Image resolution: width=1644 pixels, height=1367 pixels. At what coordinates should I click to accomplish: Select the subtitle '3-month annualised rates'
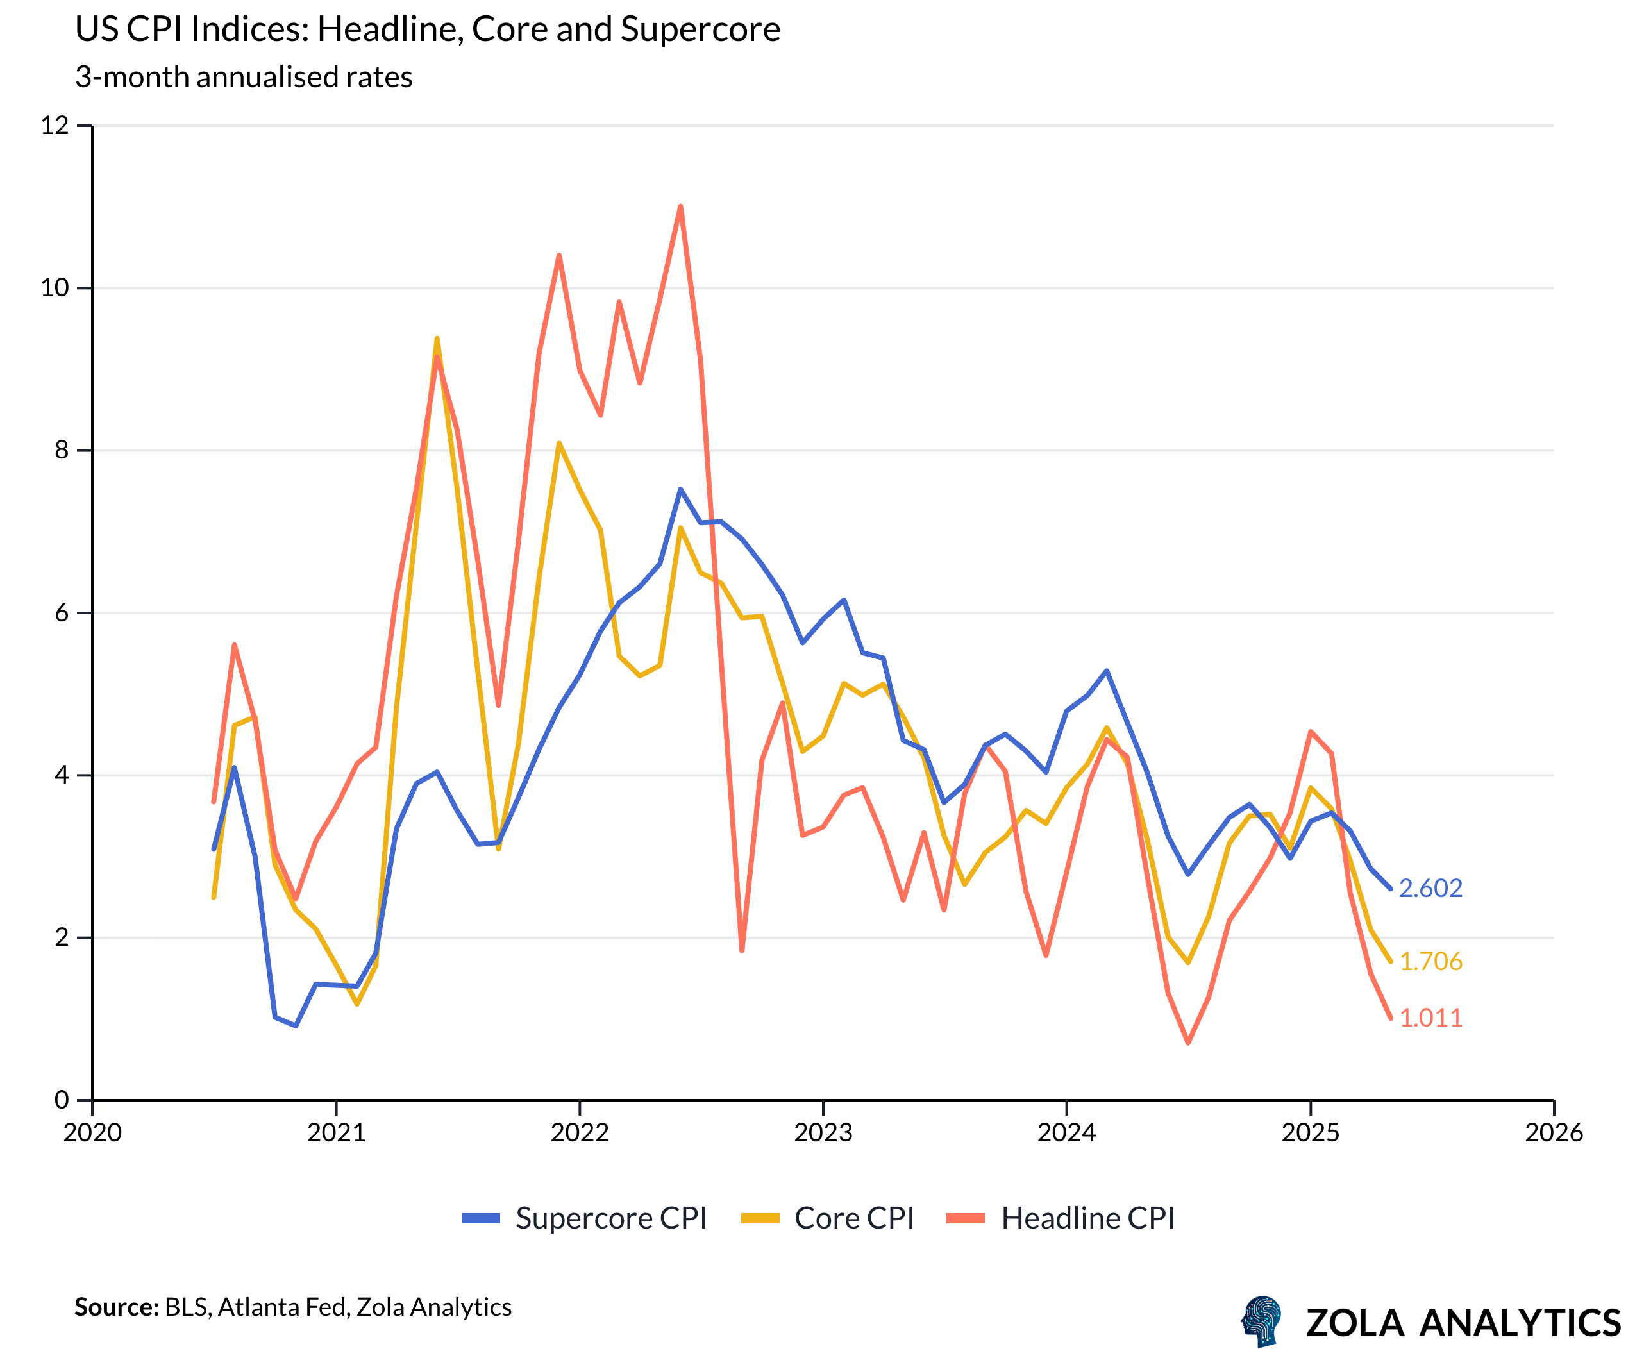(244, 78)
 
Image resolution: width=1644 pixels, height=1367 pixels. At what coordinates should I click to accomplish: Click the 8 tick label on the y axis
(61, 450)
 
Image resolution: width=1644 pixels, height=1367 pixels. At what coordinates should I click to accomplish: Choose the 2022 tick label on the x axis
(580, 1133)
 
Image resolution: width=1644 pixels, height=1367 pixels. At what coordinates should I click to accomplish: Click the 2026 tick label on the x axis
(1553, 1133)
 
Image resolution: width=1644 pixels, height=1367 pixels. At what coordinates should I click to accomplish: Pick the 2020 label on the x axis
(92, 1133)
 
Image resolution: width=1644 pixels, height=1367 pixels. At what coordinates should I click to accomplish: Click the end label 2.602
(1430, 889)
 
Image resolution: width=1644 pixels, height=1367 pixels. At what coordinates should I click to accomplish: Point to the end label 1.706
(1430, 961)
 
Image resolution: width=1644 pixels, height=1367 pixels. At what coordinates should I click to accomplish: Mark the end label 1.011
(1430, 1018)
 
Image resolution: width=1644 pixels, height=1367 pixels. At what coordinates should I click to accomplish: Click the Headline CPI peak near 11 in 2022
(680, 206)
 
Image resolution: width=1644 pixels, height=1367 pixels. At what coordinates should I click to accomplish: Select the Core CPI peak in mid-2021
(437, 339)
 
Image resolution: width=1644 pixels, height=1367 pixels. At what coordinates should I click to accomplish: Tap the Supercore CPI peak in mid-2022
(680, 489)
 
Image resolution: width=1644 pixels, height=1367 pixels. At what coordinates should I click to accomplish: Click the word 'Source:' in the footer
(116, 1307)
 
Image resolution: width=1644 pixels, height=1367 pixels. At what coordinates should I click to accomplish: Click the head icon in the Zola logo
(1262, 1321)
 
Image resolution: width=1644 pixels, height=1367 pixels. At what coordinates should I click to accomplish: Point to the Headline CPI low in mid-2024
(1187, 1042)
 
